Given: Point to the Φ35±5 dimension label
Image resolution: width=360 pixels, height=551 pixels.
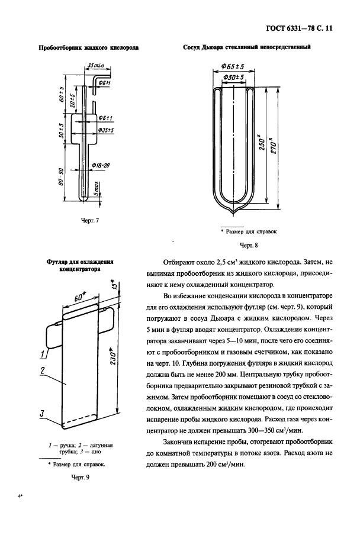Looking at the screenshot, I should coord(107,128).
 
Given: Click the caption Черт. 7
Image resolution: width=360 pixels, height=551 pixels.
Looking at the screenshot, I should coord(88,220).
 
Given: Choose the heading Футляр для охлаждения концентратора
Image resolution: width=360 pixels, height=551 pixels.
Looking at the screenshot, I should coord(80,265).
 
